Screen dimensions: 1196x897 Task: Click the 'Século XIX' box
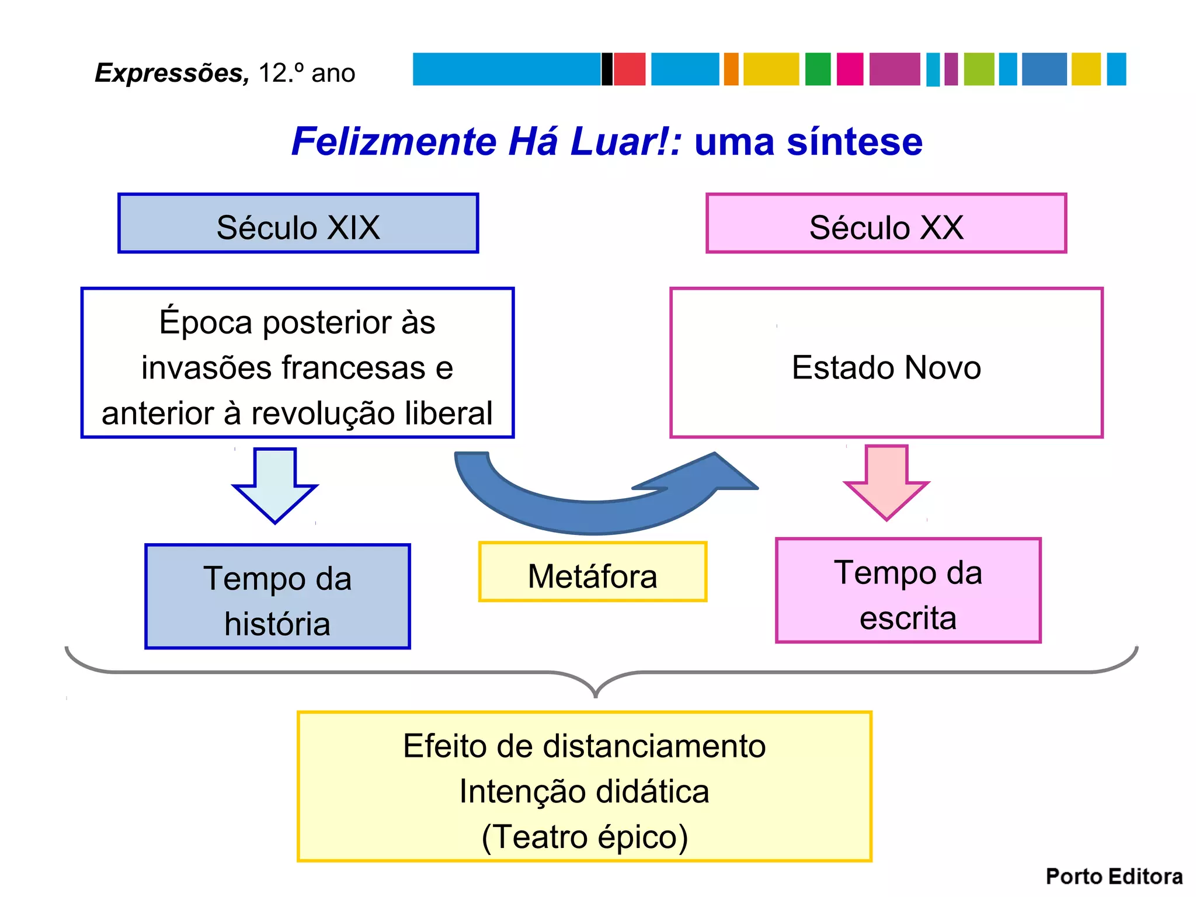(x=298, y=223)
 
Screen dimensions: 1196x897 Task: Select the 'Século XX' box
(x=886, y=223)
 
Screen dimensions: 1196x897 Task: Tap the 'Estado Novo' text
(x=886, y=367)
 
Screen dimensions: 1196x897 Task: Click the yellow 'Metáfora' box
(x=592, y=572)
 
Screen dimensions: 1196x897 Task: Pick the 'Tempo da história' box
(x=277, y=596)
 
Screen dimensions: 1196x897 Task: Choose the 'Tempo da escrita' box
(x=908, y=590)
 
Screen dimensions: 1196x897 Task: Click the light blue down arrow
(x=275, y=484)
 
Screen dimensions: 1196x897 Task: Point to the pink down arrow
(x=886, y=481)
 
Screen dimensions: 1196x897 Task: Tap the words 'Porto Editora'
(x=1114, y=877)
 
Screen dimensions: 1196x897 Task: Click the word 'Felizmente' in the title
(x=394, y=141)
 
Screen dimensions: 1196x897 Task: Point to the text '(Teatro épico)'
(x=585, y=836)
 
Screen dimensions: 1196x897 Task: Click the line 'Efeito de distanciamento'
(x=585, y=746)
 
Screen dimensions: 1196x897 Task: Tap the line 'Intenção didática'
(x=585, y=791)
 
